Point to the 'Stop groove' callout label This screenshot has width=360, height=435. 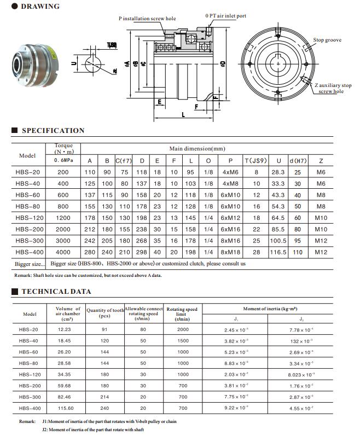coord(327,40)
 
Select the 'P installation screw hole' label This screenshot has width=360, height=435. coord(147,19)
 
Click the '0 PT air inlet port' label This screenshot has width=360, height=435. coord(226,16)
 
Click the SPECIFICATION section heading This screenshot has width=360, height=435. coord(53,131)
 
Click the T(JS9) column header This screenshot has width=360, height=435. coord(256,161)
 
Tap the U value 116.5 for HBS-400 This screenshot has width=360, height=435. coord(278,252)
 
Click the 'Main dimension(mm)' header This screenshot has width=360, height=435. coord(197,149)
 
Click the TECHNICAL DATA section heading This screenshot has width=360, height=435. coord(56,292)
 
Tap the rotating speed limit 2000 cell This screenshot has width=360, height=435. coord(182,329)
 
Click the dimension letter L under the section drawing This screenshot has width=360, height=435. coord(183,115)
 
